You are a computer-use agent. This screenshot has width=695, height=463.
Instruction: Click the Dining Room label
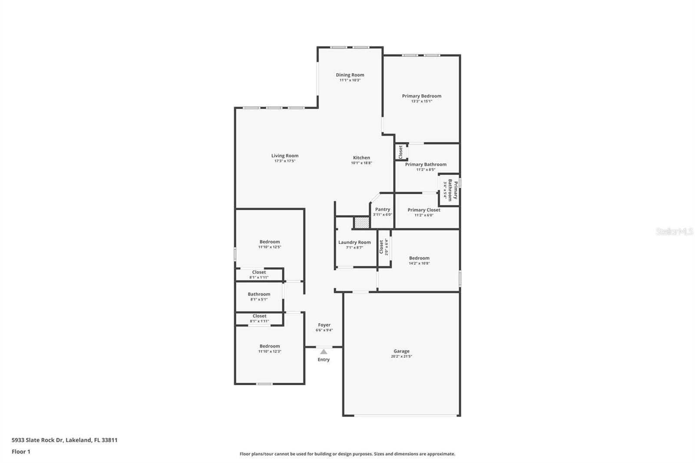350,75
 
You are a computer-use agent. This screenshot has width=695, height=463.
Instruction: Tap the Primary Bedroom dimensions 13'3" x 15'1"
421,101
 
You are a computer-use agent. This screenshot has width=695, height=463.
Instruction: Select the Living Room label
285,156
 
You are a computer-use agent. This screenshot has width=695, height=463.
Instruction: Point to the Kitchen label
361,158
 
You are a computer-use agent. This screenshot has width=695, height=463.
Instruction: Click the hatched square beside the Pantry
361,223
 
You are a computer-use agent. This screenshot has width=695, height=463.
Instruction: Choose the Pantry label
382,209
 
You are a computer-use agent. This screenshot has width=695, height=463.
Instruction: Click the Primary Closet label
424,210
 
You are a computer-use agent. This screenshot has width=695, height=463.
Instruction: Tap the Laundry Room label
354,243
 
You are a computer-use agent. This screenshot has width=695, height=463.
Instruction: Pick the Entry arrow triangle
324,352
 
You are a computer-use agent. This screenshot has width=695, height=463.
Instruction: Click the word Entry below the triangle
324,360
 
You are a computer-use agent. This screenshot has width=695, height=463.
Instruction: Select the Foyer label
324,325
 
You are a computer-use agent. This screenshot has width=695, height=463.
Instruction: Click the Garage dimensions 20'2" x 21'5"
401,357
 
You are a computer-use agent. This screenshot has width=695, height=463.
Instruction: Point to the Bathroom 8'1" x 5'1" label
259,294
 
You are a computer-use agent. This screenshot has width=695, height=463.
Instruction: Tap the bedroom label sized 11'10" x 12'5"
270,242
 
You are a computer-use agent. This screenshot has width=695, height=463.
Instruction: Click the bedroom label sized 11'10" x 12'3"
270,347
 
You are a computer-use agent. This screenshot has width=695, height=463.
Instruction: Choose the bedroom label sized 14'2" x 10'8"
419,258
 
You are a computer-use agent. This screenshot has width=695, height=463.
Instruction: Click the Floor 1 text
21,452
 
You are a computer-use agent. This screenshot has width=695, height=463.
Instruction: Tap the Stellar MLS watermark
674,231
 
